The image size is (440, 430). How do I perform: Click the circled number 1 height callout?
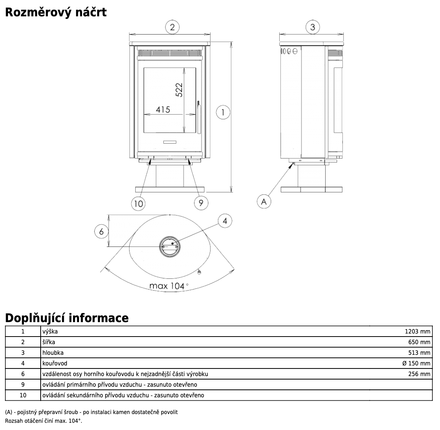click(x=223, y=112)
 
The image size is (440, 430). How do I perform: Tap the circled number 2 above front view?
click(x=172, y=27)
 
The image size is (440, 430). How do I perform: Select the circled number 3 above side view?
click(x=313, y=27)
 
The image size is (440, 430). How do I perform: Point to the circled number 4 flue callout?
click(x=225, y=221)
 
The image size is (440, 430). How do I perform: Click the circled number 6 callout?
click(x=101, y=231)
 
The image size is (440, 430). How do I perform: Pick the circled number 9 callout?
click(x=201, y=203)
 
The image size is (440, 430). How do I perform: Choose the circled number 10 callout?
click(x=138, y=204)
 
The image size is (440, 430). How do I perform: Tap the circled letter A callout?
click(x=264, y=201)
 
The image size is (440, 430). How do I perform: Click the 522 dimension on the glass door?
click(x=179, y=90)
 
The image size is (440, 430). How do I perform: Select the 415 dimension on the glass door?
click(x=163, y=110)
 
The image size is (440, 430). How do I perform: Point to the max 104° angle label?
click(x=169, y=286)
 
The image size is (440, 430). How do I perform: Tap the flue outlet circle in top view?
click(x=169, y=247)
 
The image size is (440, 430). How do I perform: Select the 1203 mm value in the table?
click(x=418, y=331)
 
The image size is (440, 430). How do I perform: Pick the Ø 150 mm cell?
click(x=416, y=363)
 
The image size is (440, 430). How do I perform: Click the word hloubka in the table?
click(x=53, y=353)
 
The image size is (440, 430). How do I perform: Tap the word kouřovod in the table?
click(x=55, y=363)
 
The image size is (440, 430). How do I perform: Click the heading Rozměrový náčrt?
click(x=56, y=12)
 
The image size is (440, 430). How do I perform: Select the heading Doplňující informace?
click(x=67, y=318)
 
